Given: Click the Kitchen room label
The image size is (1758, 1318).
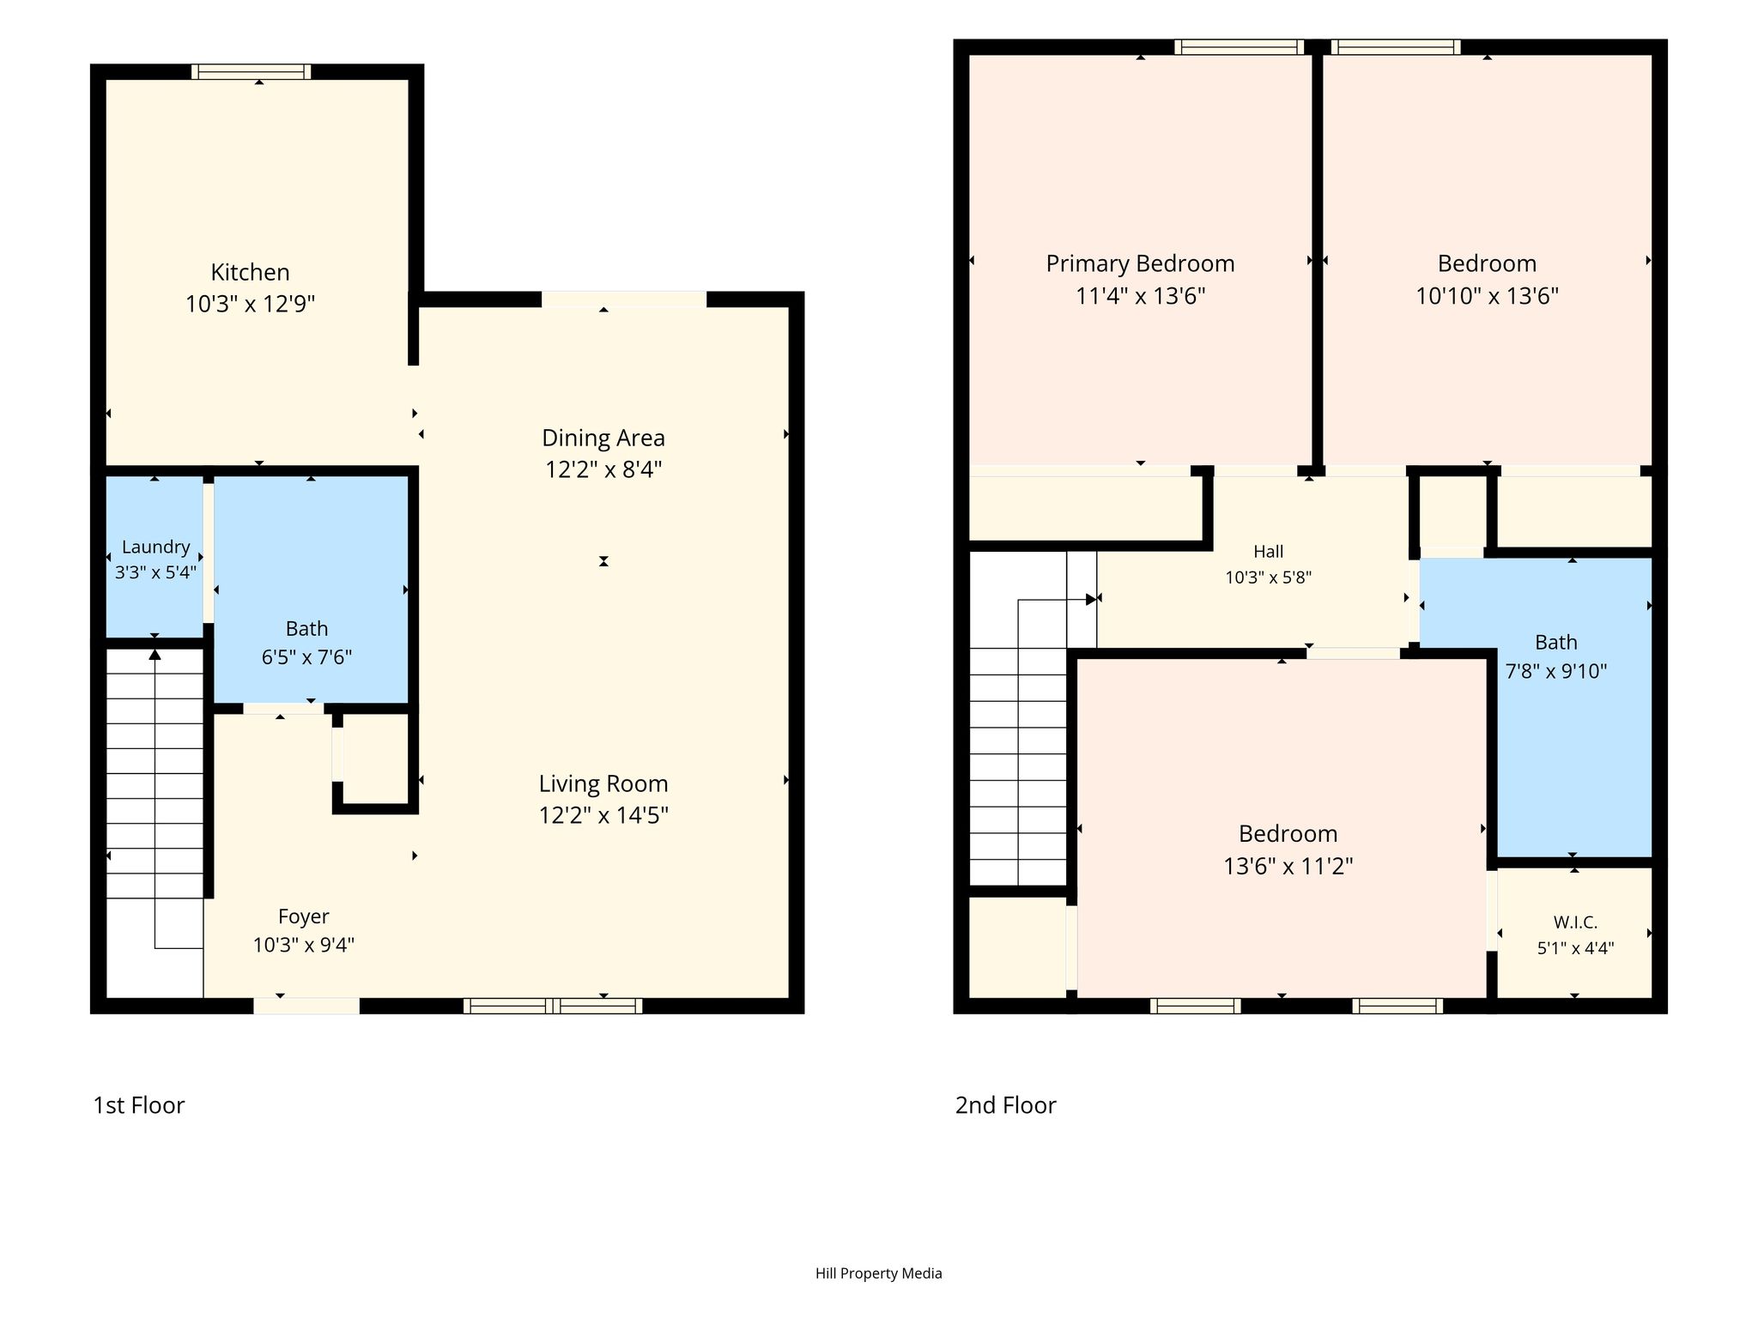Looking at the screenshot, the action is [x=250, y=272].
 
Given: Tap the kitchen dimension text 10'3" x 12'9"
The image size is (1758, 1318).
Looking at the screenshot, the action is [x=250, y=304].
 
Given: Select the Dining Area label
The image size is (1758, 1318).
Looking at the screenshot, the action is [x=603, y=438].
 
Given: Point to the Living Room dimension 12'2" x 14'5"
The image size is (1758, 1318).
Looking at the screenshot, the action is [x=603, y=814].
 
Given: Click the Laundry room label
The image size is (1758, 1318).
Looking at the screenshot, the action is [x=155, y=547].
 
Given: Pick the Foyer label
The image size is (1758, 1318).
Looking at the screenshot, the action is [x=304, y=916].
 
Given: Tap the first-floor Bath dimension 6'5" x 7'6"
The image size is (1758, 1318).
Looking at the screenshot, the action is [x=306, y=657].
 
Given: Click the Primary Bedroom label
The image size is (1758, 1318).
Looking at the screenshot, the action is [x=1140, y=263].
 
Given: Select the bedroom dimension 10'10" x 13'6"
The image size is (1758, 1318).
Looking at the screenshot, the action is [x=1487, y=296].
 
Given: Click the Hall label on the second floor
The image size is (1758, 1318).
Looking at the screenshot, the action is [x=1268, y=552].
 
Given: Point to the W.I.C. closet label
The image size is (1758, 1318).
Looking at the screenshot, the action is [x=1575, y=922].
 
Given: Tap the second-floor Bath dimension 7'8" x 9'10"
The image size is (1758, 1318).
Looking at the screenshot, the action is [x=1555, y=671].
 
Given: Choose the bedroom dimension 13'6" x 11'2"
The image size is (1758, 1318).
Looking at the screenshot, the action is [x=1288, y=866].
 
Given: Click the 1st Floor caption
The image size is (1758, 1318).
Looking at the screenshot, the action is [x=138, y=1105].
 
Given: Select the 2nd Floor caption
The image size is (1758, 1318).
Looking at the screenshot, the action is [x=1005, y=1105].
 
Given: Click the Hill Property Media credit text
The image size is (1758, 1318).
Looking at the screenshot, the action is [x=878, y=1273].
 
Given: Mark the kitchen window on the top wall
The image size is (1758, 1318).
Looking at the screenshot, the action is [x=252, y=71].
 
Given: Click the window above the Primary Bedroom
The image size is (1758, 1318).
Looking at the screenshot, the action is [x=1240, y=46].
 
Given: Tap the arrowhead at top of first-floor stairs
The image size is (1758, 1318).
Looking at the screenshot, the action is [x=155, y=655].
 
